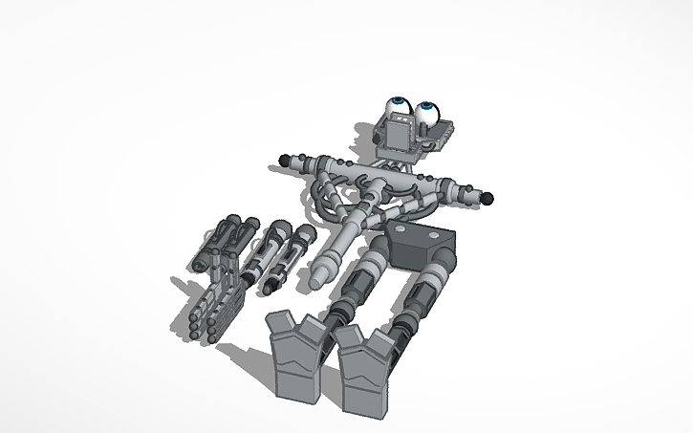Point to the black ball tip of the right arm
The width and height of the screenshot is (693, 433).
pos(487,199)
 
